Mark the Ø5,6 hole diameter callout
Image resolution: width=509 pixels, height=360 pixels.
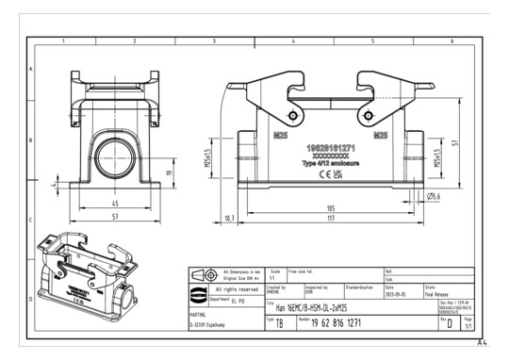click(x=435, y=196)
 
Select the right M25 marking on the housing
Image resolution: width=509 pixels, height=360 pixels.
click(x=381, y=135)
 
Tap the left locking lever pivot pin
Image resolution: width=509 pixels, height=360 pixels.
click(x=294, y=118)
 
